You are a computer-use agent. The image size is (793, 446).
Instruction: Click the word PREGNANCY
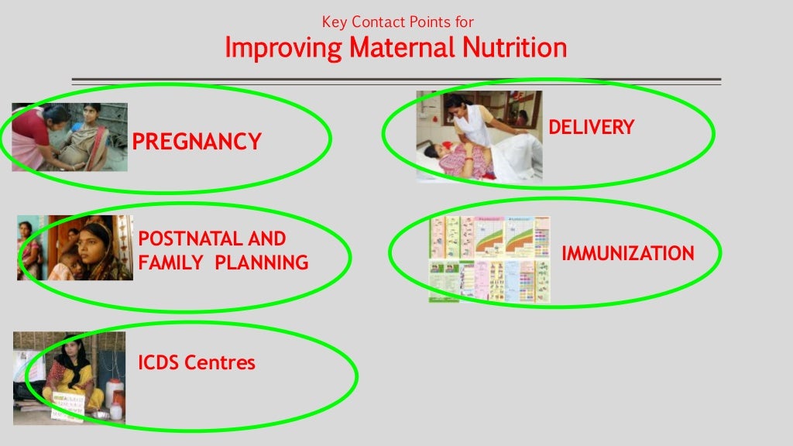pos(197,142)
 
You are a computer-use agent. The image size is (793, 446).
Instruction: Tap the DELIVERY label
pos(591,128)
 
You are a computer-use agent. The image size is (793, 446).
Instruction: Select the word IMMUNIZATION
pos(627,253)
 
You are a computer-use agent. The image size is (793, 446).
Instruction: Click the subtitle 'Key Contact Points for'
pos(397,22)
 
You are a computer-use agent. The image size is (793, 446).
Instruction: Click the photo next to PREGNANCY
pos(70,137)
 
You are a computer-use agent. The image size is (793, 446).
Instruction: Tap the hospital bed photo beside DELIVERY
pos(479,136)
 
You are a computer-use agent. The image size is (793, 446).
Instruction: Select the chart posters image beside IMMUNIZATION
pos(489,259)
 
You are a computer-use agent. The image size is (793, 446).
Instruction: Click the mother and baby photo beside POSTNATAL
pos(75,248)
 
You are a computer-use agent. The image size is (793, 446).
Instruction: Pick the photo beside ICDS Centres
pos(69,378)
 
